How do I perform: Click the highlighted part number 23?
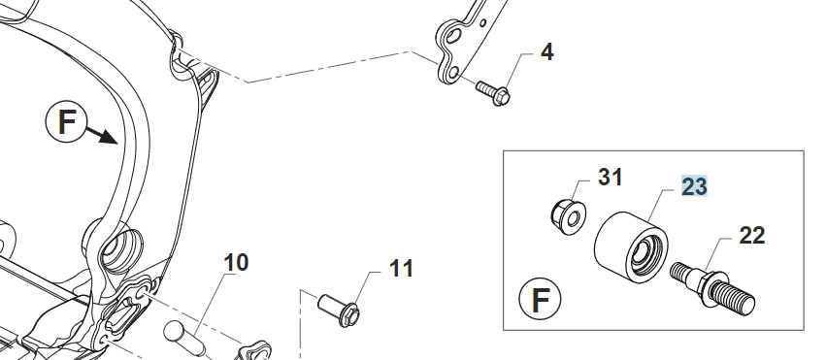tap(694, 186)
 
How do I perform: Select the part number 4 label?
tap(547, 52)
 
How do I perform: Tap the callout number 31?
tap(610, 178)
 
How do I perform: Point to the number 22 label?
tap(751, 235)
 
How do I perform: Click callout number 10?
tap(236, 262)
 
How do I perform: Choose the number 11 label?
tap(401, 269)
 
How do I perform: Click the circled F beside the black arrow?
tap(66, 121)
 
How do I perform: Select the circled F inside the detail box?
tap(540, 299)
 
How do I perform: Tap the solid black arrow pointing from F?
tap(101, 135)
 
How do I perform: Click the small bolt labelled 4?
tap(493, 92)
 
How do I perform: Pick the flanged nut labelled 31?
tap(568, 216)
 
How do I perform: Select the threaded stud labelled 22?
tap(712, 288)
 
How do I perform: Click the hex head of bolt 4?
tap(501, 96)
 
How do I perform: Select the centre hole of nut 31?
tap(574, 218)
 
